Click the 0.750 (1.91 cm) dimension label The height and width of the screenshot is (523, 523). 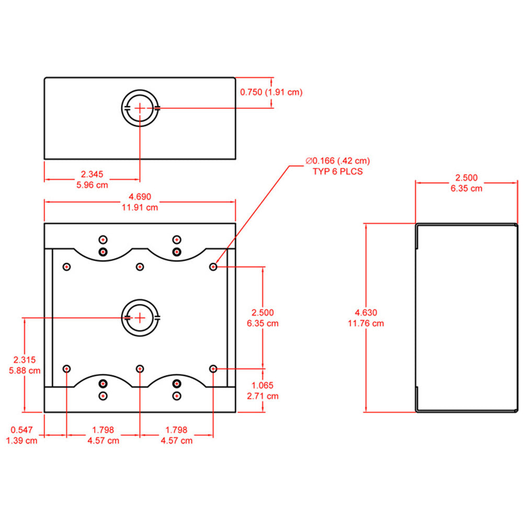(x=271, y=92)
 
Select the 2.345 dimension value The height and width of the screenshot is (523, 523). (x=92, y=174)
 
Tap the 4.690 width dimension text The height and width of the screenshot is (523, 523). (x=140, y=197)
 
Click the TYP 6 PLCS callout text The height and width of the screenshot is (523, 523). (x=337, y=171)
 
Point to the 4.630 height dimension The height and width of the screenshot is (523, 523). (x=366, y=313)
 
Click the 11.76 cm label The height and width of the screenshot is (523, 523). (x=366, y=323)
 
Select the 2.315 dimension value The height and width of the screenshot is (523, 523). (x=25, y=360)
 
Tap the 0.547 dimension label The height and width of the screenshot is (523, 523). (x=22, y=430)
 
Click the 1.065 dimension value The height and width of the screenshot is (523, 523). (x=262, y=385)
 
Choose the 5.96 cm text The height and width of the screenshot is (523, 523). (x=92, y=185)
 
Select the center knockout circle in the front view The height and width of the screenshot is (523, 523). (x=140, y=317)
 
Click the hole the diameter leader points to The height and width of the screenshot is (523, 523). (x=213, y=267)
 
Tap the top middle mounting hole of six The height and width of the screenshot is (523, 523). (x=140, y=267)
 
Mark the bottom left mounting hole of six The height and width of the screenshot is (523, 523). (x=66, y=369)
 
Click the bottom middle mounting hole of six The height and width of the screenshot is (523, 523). (x=140, y=369)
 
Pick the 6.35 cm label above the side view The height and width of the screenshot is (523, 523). (x=467, y=188)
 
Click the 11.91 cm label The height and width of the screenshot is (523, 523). (x=140, y=208)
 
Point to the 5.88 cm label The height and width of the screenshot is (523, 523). (x=25, y=370)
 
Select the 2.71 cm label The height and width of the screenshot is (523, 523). (x=262, y=396)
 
